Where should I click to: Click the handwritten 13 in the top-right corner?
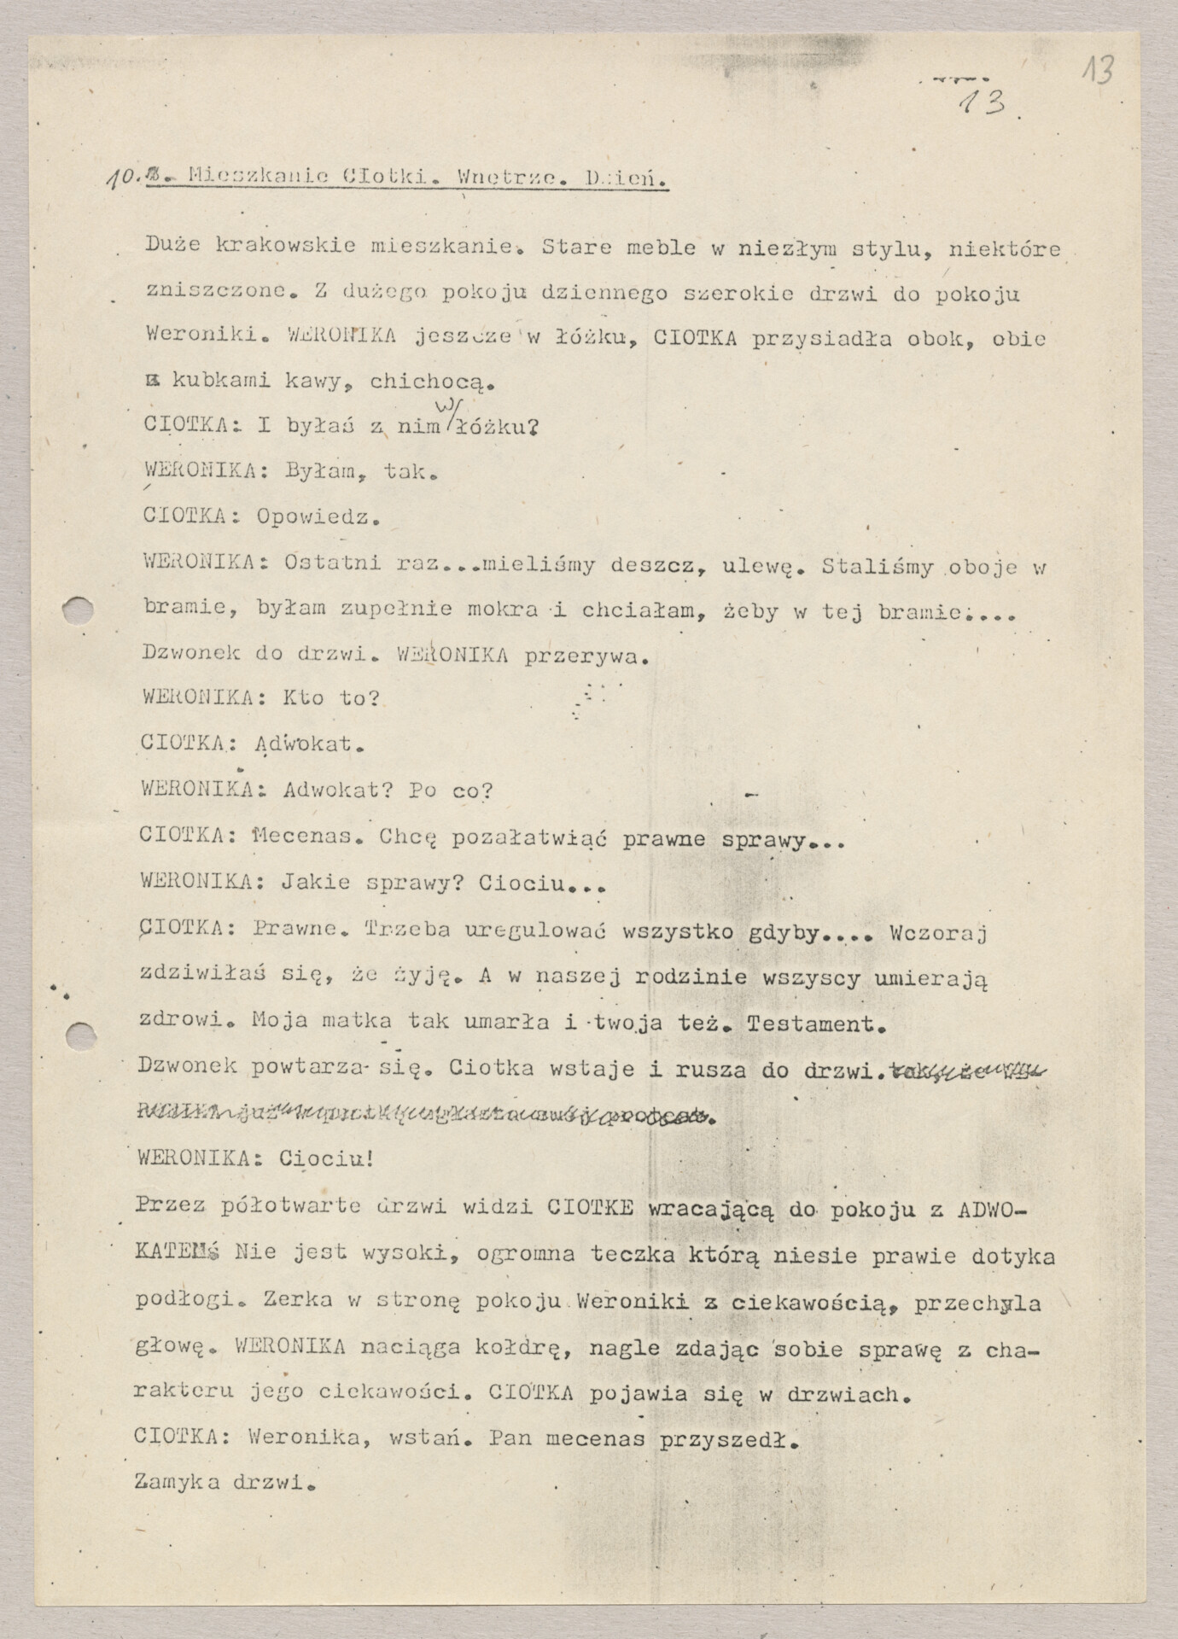click(x=1099, y=70)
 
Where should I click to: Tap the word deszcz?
click(x=651, y=564)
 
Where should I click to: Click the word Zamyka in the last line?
click(x=177, y=1482)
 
